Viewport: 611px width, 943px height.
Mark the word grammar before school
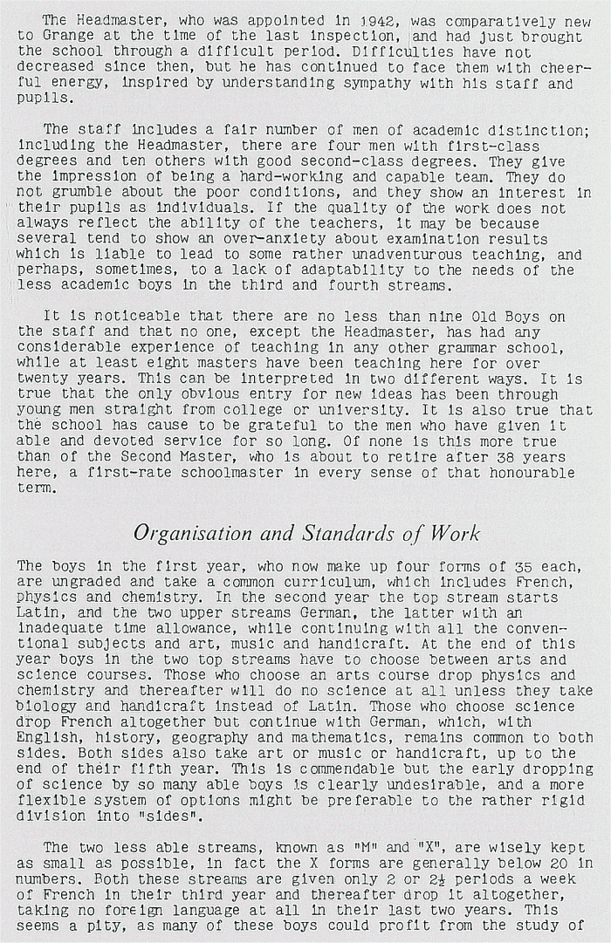[x=470, y=346]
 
